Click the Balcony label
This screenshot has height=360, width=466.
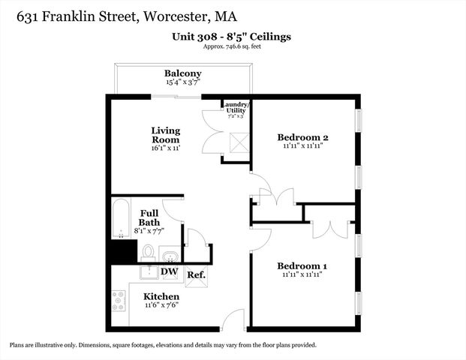coord(183,73)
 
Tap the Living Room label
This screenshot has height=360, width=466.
coord(166,135)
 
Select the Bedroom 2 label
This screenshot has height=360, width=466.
coord(303,137)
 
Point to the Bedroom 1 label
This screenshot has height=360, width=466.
coord(302,266)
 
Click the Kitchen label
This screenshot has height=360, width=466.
coord(161,296)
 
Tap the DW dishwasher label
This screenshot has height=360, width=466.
coord(170,271)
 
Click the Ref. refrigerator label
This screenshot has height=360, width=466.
coord(197,275)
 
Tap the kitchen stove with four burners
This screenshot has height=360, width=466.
coord(119,301)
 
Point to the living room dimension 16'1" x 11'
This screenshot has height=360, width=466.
coord(166,149)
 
